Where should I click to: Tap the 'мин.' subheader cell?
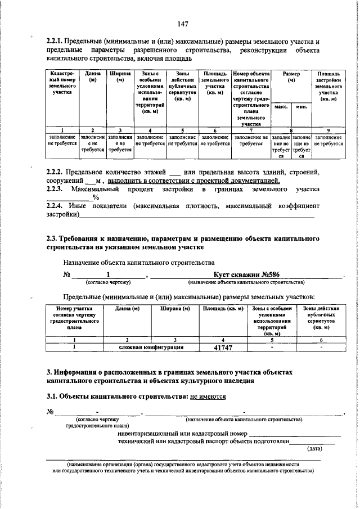pos(301,106)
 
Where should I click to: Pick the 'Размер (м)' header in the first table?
pos(291,77)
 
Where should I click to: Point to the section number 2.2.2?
pos(55,172)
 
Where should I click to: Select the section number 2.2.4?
pos(55,206)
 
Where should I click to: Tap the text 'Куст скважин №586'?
pos(244,275)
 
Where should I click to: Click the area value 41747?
pos(223,348)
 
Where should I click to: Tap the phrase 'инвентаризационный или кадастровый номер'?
pos(182,434)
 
